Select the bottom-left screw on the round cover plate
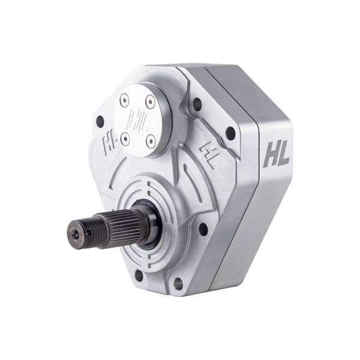pos(125,139)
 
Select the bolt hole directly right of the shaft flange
pos(203,228)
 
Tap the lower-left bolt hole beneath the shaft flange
pos(139,276)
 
